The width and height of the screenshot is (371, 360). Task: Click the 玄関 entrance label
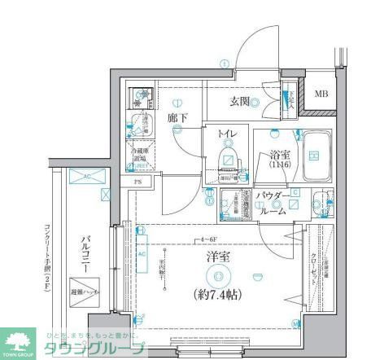(238, 102)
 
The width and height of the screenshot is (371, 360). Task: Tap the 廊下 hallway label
(178, 118)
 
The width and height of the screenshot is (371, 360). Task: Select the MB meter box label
(322, 94)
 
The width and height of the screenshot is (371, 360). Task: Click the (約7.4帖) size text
(217, 292)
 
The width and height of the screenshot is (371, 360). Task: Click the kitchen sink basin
(140, 101)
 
